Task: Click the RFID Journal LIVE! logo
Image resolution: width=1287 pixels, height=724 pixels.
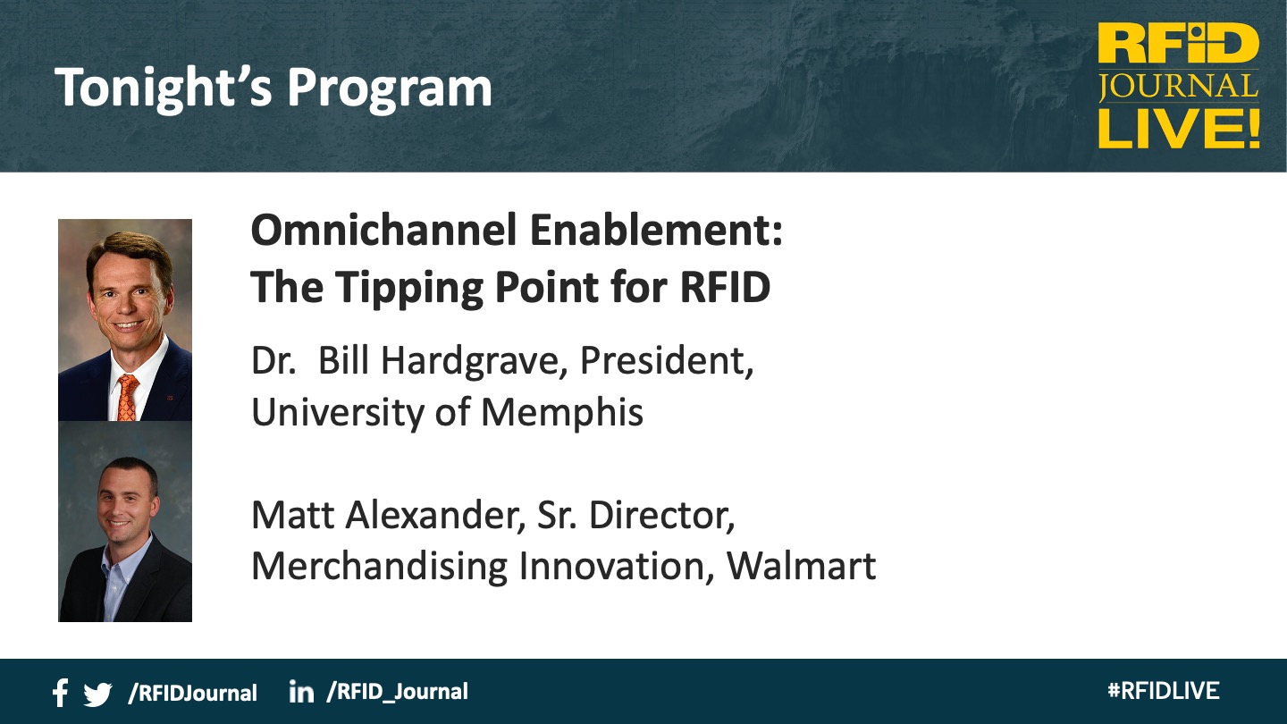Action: point(1178,85)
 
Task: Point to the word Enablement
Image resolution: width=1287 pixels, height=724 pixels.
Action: point(657,230)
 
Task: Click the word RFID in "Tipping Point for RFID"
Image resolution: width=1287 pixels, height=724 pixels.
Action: point(725,286)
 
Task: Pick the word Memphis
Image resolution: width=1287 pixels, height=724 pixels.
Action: point(562,413)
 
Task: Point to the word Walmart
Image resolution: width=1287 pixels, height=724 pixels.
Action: point(801,566)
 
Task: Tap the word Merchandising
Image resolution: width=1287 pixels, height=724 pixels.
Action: point(379,567)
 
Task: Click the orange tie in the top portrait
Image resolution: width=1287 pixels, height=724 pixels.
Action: point(127,398)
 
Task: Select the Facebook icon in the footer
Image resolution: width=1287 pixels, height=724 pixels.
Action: point(61,693)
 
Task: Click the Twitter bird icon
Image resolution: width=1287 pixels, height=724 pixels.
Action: point(97,695)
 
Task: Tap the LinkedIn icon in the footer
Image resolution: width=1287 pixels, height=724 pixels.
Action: point(302,691)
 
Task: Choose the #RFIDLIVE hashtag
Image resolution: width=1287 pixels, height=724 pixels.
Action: point(1164,691)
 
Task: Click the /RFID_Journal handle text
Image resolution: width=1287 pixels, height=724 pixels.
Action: point(397,692)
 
